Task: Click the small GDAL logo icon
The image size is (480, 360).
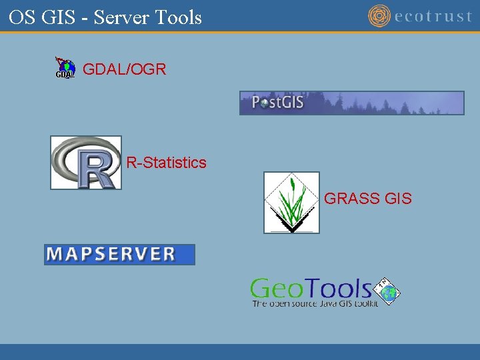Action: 65,68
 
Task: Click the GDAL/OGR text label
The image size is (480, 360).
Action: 124,69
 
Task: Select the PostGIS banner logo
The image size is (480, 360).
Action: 351,103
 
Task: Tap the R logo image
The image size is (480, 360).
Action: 86,163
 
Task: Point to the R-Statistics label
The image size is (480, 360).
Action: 167,163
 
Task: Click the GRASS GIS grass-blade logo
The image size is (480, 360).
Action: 291,203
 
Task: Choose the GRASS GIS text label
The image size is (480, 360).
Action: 367,199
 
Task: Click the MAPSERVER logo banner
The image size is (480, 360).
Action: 119,254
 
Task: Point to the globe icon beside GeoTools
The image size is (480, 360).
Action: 389,290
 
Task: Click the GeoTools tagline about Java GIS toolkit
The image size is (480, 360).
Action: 315,303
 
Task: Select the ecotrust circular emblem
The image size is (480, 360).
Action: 379,15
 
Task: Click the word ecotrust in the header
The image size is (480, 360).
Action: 433,16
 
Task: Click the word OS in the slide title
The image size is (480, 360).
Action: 22,17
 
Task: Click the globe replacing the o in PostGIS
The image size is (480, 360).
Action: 265,103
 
